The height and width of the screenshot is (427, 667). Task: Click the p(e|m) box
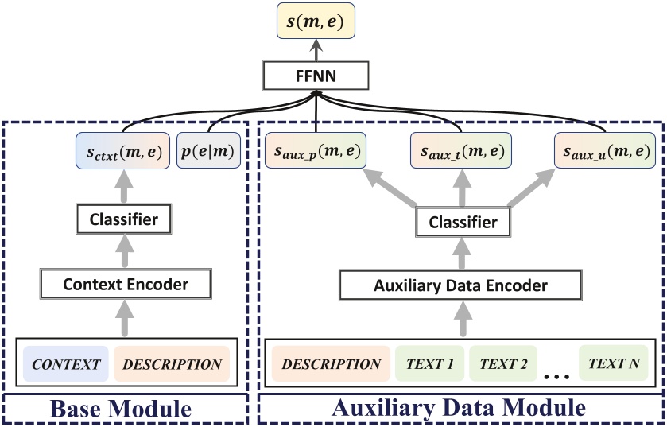(x=211, y=151)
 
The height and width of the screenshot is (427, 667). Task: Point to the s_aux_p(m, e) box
(x=316, y=151)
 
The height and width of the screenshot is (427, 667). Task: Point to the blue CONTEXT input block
(x=66, y=365)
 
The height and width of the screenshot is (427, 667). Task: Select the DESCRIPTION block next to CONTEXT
(x=172, y=365)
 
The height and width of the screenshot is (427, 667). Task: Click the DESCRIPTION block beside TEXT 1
(x=331, y=365)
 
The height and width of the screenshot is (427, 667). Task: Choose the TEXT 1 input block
(x=430, y=365)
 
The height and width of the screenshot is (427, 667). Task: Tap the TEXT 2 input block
(x=503, y=365)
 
